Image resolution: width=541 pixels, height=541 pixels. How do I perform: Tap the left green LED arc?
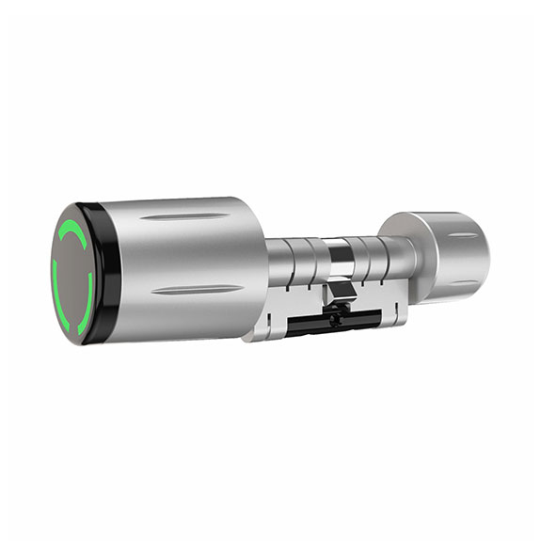[x=56, y=274]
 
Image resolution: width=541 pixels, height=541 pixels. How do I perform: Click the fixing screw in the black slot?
[x=337, y=319]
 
